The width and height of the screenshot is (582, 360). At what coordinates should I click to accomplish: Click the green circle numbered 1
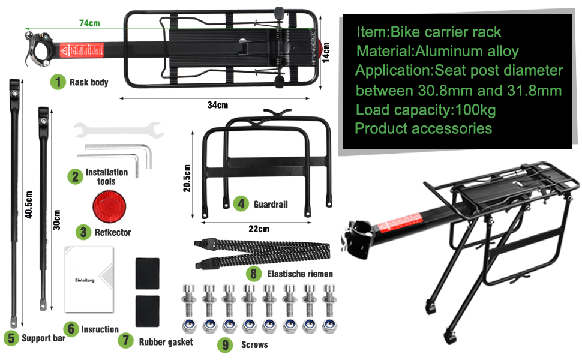[58, 82]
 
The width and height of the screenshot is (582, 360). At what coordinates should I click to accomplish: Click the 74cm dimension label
[89, 23]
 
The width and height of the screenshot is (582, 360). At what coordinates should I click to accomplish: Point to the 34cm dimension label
[218, 105]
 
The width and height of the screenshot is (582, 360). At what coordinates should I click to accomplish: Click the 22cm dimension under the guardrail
[259, 229]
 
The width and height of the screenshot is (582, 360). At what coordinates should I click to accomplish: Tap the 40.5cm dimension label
[28, 206]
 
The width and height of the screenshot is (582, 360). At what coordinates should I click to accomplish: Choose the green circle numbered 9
[225, 344]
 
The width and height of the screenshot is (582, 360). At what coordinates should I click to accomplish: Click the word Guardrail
[270, 204]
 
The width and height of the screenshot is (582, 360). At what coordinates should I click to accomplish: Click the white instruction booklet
[89, 279]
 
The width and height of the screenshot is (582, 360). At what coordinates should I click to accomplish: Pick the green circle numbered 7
[125, 341]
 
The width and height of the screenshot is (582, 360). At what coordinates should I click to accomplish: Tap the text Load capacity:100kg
[426, 110]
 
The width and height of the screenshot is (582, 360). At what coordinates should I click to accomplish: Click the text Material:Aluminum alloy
[437, 51]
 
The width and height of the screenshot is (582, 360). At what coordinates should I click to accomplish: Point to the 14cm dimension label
[326, 52]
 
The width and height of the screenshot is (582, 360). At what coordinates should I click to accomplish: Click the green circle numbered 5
[10, 338]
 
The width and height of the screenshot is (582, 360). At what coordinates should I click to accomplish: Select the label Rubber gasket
[166, 341]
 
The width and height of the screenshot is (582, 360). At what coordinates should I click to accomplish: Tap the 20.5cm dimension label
[187, 178]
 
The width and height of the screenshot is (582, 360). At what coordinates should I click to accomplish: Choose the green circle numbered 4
[241, 203]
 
